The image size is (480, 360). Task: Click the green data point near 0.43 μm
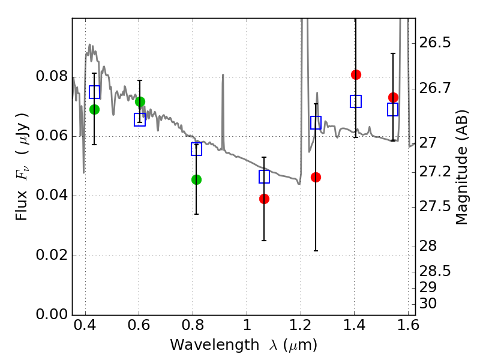point(94,109)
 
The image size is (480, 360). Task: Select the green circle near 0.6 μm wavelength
point(140,101)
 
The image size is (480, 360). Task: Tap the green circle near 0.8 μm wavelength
point(196,179)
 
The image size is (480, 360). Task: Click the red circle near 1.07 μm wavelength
point(264,199)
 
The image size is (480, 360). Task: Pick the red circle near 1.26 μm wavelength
point(316,177)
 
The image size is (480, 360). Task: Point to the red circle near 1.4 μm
point(356,74)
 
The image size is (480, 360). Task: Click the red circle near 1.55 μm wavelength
point(393,97)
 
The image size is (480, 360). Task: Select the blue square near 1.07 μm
point(264,176)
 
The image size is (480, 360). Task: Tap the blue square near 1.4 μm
point(356,101)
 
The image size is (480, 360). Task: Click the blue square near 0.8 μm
point(196,149)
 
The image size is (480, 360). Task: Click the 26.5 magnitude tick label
point(436,43)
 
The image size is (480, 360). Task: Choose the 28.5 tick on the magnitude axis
point(436,271)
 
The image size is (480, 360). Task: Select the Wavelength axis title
point(243,346)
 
